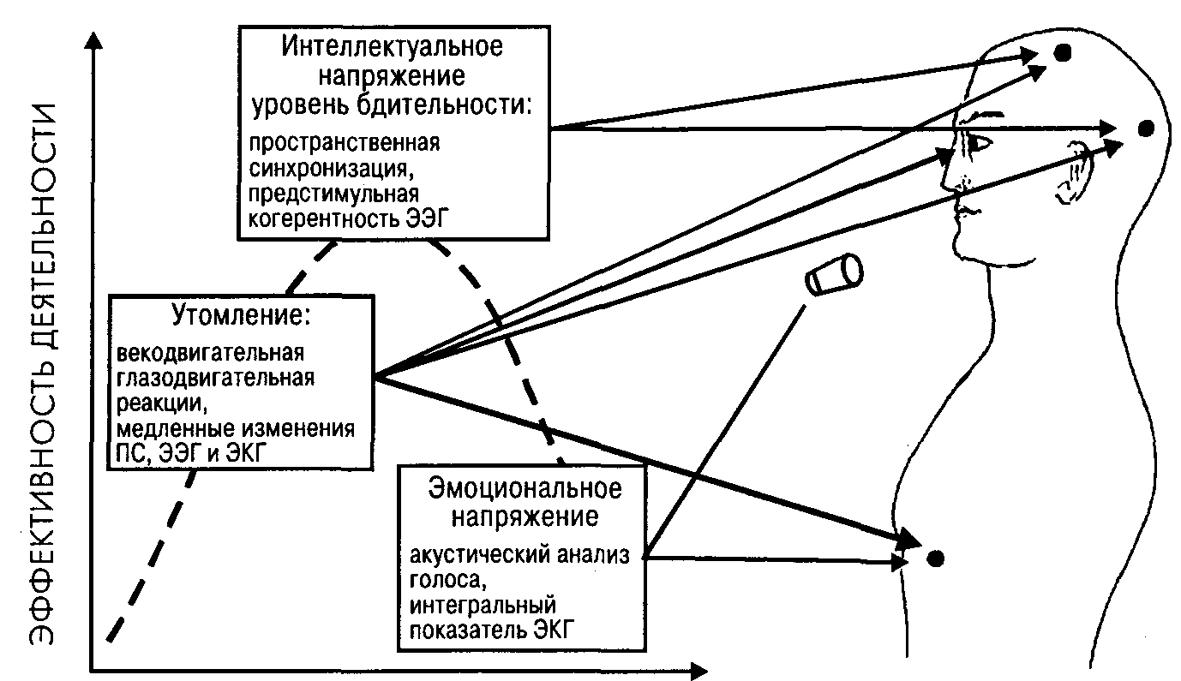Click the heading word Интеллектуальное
tap(393, 46)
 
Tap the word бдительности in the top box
tap(443, 105)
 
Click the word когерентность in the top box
tap(323, 218)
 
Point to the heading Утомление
tap(241, 315)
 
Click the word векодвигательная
tap(210, 353)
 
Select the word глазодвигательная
tap(215, 378)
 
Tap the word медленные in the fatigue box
tap(173, 428)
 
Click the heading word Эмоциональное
tap(525, 488)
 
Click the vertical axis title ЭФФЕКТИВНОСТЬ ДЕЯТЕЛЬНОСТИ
tap(42, 374)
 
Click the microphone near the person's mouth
tap(834, 274)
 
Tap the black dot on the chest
tap(935, 559)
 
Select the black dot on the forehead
tap(1063, 53)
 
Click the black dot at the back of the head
tap(1146, 128)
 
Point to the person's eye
tap(978, 143)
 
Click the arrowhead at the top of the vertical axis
tap(94, 40)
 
